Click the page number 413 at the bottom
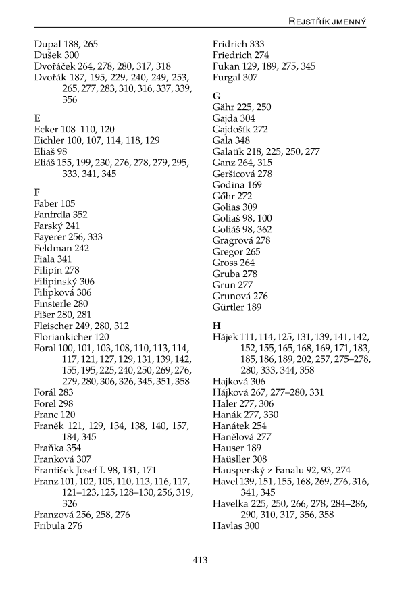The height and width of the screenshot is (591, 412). coord(200,560)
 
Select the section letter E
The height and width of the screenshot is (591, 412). coord(37,118)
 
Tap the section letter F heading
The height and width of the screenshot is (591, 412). coord(37,192)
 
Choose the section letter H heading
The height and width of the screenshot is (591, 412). coord(217,326)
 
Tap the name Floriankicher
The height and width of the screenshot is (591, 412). coord(63,336)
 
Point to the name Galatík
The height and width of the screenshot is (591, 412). coord(230,151)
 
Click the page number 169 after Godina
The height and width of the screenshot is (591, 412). coord(255,184)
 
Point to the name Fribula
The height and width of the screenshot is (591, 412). coord(49,525)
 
